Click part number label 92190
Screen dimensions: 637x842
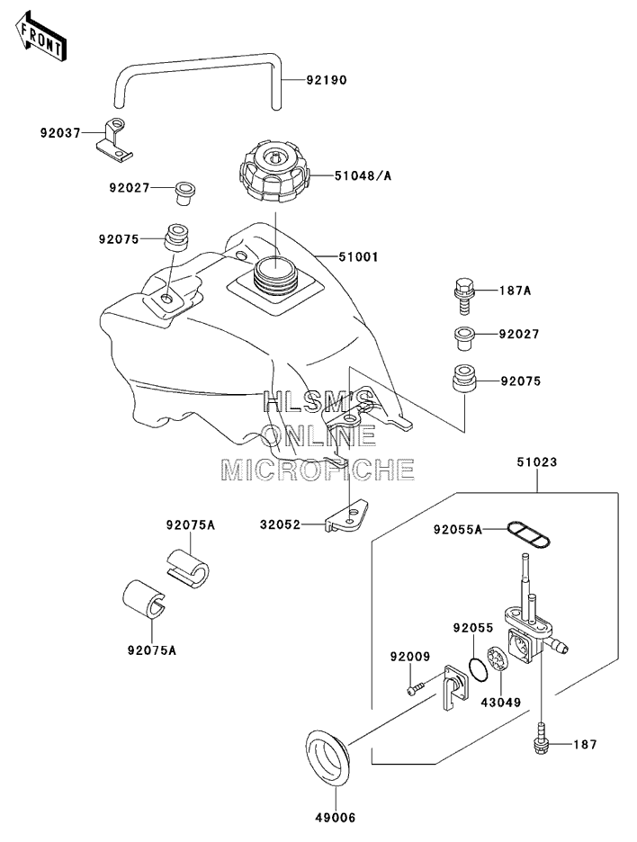click(x=327, y=81)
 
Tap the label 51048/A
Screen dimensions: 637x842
click(x=363, y=175)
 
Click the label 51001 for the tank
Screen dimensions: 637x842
click(x=358, y=257)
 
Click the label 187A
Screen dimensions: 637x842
click(x=514, y=291)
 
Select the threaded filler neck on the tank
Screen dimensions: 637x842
click(x=275, y=276)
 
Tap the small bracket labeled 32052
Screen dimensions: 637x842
click(x=347, y=516)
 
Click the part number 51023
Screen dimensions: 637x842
click(x=537, y=461)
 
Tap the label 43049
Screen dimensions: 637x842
click(x=500, y=702)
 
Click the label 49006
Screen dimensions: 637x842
click(x=336, y=818)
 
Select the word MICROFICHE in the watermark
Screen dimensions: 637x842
click(x=318, y=470)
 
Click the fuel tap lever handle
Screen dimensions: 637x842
click(x=453, y=687)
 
